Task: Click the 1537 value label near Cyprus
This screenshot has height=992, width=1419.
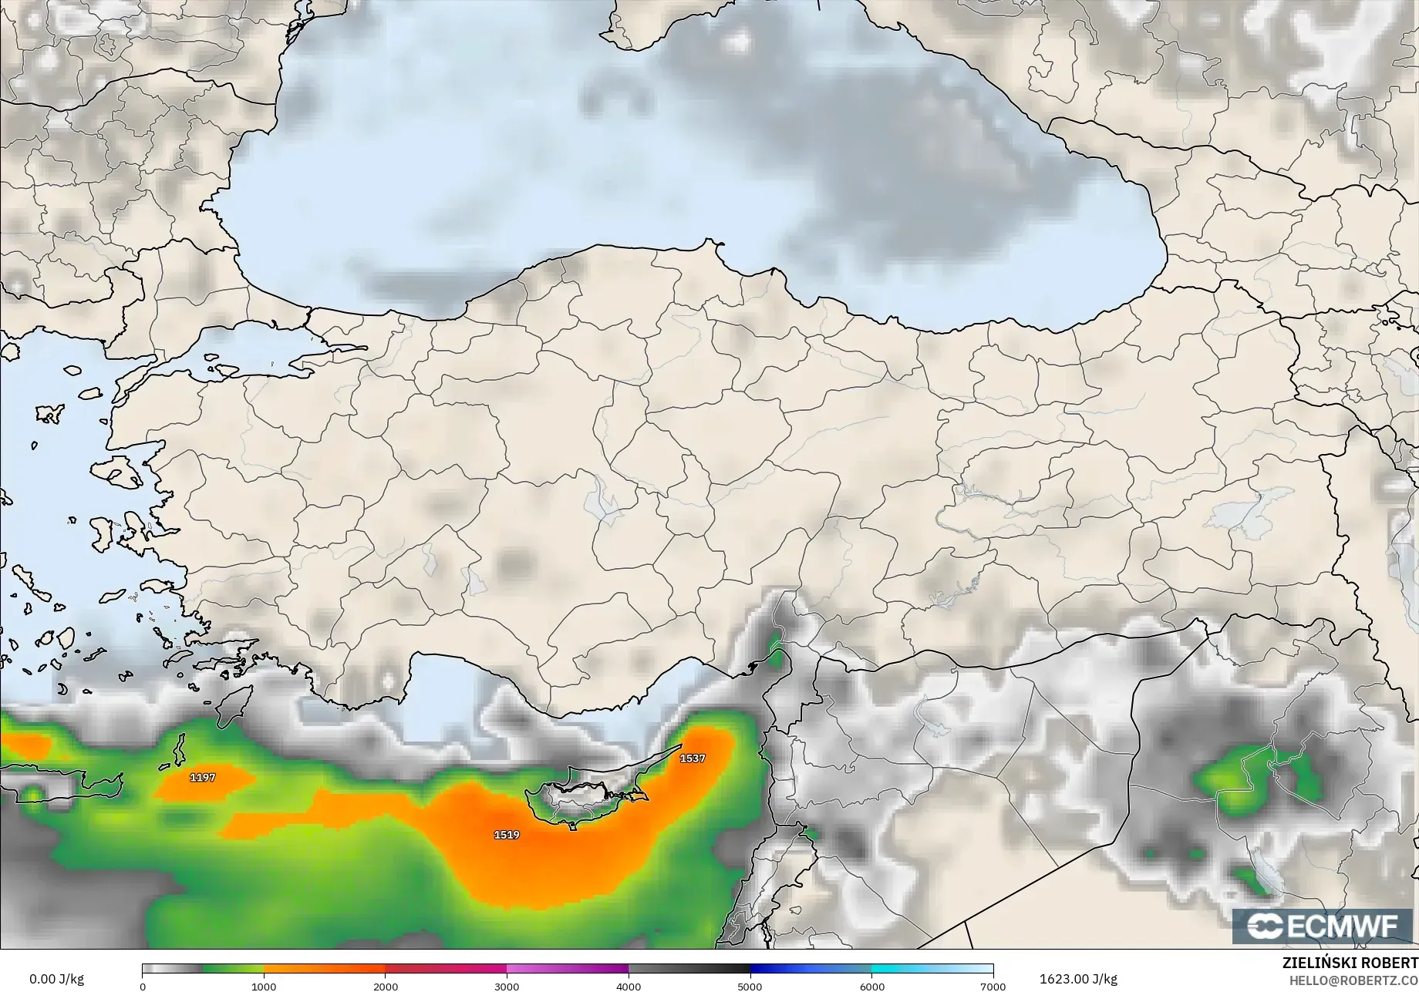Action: point(692,758)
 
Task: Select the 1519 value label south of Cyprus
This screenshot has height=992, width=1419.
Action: point(507,835)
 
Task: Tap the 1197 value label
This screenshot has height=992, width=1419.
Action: point(203,778)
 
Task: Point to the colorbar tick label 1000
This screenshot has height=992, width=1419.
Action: point(264,987)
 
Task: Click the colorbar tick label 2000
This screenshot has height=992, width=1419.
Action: point(386,987)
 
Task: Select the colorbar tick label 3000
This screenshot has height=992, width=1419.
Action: point(507,987)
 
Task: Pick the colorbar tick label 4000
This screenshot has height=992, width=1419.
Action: point(629,987)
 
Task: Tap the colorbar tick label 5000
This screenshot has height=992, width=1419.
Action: point(750,987)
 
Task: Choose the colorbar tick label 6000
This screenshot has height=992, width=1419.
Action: point(871,987)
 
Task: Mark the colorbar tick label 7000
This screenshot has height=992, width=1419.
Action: point(993,987)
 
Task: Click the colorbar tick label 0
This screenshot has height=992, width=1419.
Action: point(143,987)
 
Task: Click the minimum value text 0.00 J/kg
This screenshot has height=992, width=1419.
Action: point(56,979)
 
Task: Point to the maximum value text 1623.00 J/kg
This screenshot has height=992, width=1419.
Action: point(1078,979)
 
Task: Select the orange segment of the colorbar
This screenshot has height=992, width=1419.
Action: point(324,970)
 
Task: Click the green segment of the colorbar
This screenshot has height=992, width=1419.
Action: point(231,970)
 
